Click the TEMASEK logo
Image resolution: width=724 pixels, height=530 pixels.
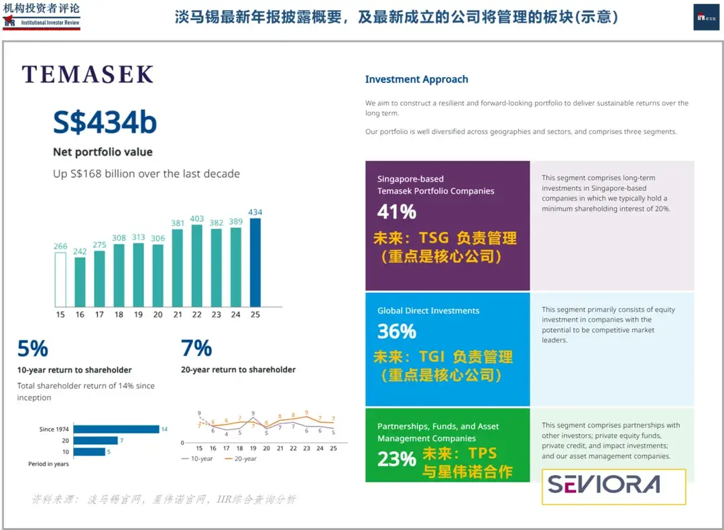coord(88,74)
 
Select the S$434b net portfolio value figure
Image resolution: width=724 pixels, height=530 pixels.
coord(105,123)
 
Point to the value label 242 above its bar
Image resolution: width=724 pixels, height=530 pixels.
coord(80,251)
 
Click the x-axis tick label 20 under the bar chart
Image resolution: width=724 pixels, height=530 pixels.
coord(158,314)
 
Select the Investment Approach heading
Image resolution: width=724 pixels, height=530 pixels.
coord(416,79)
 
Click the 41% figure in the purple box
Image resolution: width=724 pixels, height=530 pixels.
coord(397,212)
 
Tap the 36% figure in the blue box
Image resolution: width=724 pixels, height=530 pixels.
coord(397,331)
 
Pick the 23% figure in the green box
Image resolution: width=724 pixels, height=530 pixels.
coord(397,459)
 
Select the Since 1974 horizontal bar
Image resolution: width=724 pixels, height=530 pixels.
coord(116,429)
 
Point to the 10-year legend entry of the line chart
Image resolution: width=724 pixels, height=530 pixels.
coord(198,459)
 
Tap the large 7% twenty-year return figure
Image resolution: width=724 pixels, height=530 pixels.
coord(196,348)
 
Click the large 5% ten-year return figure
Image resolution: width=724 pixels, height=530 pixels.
coord(33,348)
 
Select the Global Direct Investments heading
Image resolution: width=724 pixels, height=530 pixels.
coord(428,311)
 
